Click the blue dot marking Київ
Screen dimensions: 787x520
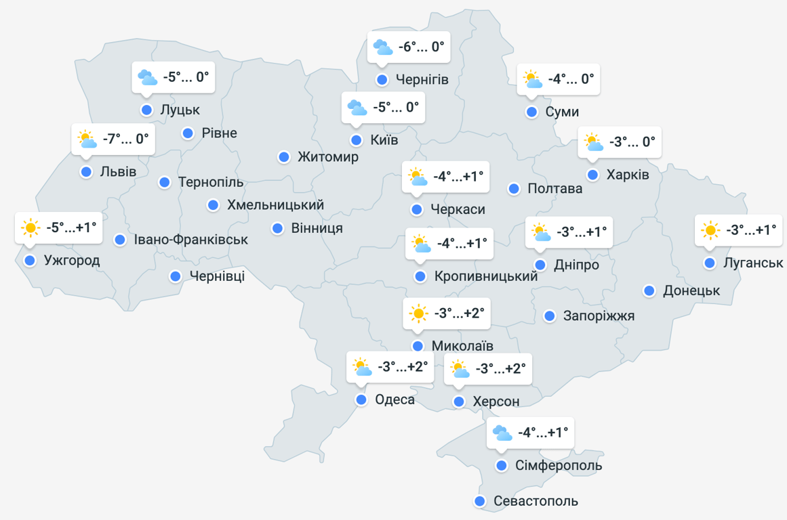point(357,140)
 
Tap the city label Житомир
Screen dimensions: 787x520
point(328,157)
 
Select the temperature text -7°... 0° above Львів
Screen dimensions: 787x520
point(125,139)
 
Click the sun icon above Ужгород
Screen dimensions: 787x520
point(31,228)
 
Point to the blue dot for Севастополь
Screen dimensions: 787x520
point(480,502)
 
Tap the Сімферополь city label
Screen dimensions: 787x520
point(559,466)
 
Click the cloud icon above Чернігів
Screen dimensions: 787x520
point(382,47)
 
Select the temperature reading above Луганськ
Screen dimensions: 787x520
point(751,230)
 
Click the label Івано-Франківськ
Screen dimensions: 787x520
point(191,240)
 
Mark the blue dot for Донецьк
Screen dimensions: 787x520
point(649,291)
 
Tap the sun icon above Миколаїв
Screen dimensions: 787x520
point(418,313)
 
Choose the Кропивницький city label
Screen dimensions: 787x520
point(486,276)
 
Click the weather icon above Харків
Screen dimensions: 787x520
point(593,143)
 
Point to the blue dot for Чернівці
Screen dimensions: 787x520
point(176,276)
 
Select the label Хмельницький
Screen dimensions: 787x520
point(275,204)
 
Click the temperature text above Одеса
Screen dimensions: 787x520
point(403,368)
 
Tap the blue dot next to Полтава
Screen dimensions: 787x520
point(514,188)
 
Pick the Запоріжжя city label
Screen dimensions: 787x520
point(599,316)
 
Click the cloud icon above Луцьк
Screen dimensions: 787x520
point(147,78)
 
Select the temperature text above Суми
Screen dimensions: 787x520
point(571,79)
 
